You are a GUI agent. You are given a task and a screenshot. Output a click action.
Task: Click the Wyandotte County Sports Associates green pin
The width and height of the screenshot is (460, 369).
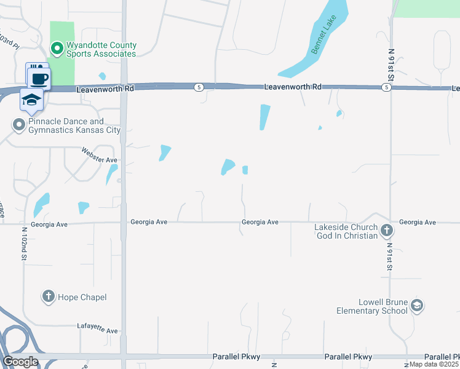point(57,47)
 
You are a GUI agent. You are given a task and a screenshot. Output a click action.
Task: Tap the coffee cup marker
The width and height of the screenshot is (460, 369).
point(39,78)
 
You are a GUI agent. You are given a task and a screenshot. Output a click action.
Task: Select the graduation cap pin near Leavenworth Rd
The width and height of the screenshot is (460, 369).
point(31,100)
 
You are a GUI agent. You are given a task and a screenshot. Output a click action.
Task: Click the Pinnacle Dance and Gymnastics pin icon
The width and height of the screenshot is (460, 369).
point(19,125)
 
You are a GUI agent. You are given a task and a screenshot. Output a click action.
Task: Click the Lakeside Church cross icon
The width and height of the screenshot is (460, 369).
point(386,231)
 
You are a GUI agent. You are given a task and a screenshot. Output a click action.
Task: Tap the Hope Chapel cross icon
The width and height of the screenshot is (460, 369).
point(48,297)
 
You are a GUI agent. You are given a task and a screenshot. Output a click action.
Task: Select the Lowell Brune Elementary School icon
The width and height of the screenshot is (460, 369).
point(417,306)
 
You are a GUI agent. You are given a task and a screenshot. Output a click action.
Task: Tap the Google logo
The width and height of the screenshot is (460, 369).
point(20,362)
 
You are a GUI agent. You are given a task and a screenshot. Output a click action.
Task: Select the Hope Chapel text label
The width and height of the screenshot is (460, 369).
point(82,298)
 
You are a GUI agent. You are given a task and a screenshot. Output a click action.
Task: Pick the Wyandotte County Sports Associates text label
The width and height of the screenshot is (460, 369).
point(101,50)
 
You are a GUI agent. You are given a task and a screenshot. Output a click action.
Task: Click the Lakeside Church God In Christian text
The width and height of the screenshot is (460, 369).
point(346,231)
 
